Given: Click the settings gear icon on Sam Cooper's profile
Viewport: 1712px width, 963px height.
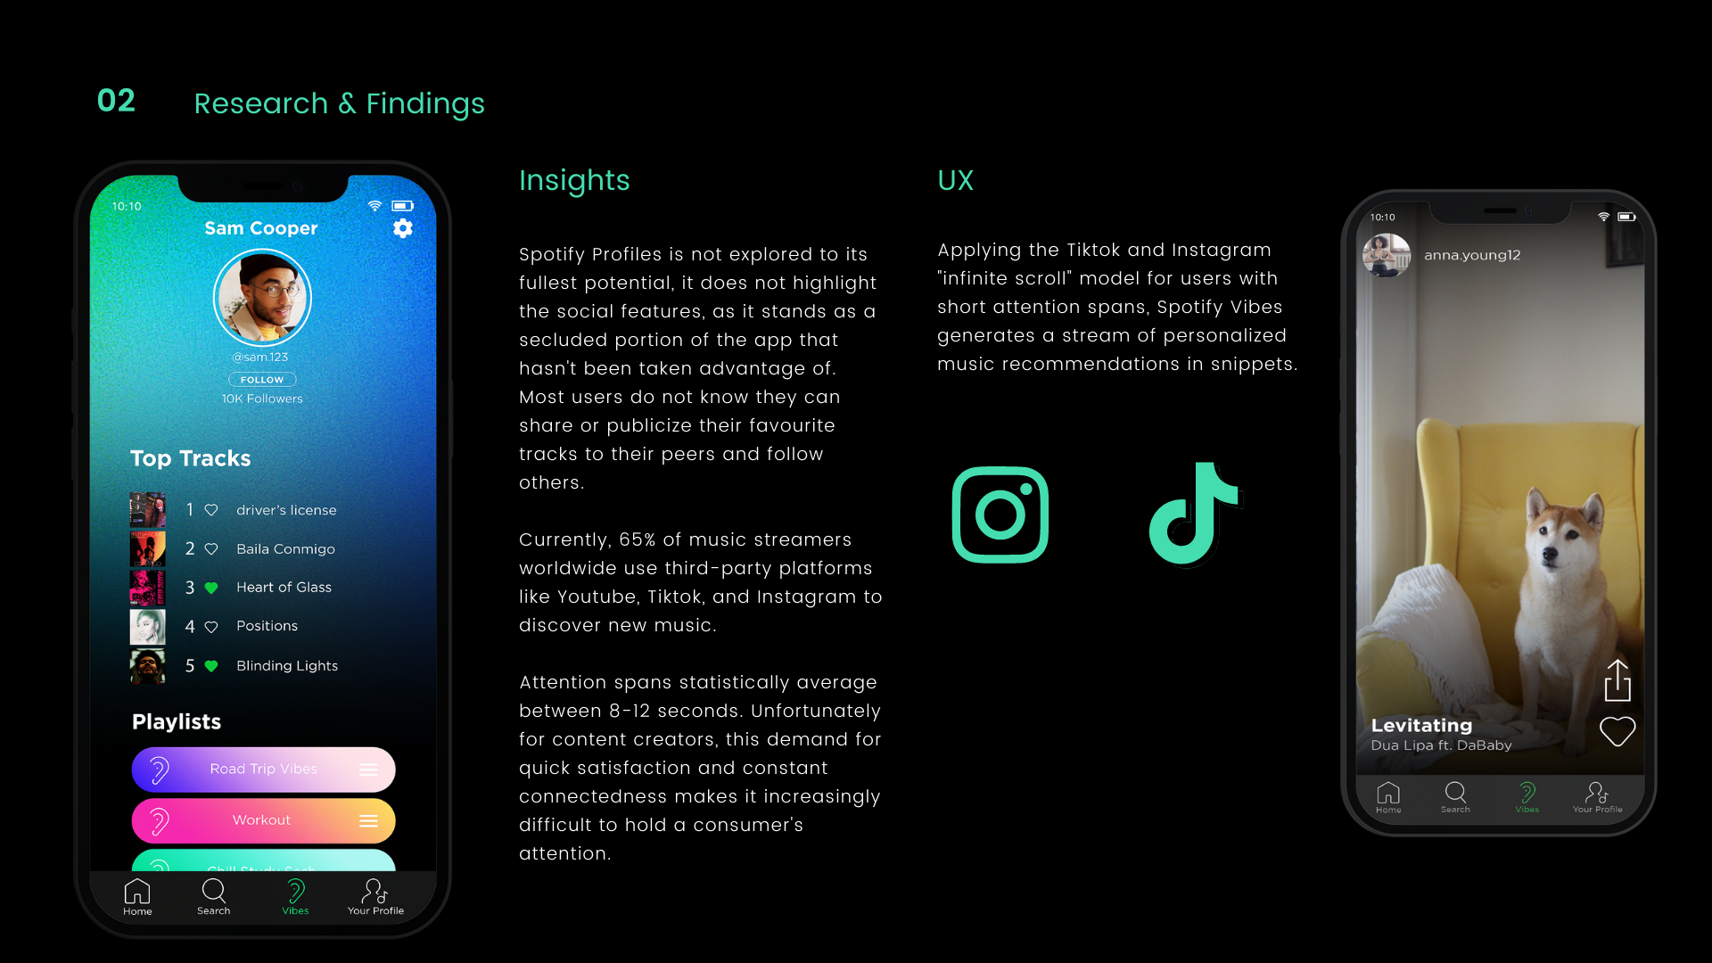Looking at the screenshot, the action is click(x=403, y=228).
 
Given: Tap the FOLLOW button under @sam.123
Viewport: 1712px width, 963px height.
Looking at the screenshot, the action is click(x=262, y=380).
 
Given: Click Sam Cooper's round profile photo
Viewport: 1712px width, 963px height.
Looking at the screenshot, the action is click(x=262, y=298).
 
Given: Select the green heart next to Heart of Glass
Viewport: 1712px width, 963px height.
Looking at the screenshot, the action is click(x=211, y=588).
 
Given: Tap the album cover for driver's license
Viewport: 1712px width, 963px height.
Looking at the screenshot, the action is click(x=148, y=510).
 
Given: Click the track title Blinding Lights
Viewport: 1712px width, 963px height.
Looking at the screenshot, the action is click(x=287, y=666).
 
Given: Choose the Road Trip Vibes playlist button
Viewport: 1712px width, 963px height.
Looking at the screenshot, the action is click(x=263, y=770).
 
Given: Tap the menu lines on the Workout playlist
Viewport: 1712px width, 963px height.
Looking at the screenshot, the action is click(x=368, y=821).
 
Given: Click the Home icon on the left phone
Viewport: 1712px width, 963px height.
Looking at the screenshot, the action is click(x=137, y=892).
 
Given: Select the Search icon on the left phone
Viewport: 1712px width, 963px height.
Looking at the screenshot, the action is click(x=214, y=891).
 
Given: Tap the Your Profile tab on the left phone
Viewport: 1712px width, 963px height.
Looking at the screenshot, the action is click(x=375, y=897).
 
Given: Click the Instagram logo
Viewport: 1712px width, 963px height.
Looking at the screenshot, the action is click(x=1000, y=514).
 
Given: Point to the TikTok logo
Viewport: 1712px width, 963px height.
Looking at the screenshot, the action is click(x=1195, y=514).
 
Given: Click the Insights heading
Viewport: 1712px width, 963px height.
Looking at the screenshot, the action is click(x=575, y=181).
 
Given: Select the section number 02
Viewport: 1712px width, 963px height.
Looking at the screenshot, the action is click(x=116, y=101).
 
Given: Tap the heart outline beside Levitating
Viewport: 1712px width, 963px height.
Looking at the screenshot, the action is click(x=1617, y=732).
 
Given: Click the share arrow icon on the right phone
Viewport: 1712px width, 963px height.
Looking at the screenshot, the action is click(x=1617, y=680).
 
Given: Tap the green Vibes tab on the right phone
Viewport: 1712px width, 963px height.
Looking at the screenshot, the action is click(x=1527, y=797).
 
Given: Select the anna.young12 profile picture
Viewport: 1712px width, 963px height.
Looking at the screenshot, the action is click(x=1387, y=256).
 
